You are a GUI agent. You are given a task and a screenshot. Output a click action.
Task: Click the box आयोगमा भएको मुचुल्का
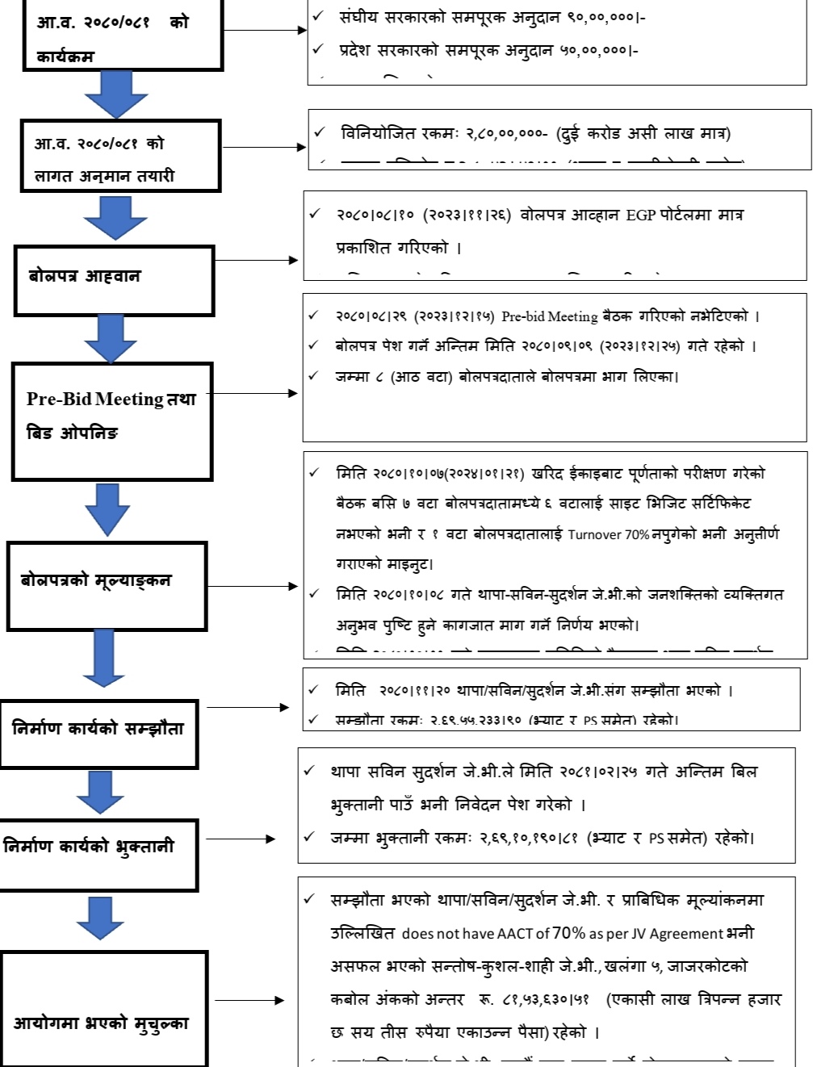click(103, 1010)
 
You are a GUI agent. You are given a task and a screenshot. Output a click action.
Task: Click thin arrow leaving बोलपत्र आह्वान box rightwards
click(257, 260)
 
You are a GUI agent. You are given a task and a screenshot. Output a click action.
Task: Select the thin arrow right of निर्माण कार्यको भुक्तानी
click(241, 839)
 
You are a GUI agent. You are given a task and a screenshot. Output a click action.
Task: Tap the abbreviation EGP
click(640, 215)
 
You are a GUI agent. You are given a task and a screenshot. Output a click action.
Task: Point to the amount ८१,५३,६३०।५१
click(546, 1000)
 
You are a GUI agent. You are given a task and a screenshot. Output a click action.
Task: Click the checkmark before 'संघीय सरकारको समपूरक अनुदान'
click(319, 16)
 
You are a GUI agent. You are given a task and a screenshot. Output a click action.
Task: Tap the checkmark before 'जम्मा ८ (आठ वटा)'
click(313, 376)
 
